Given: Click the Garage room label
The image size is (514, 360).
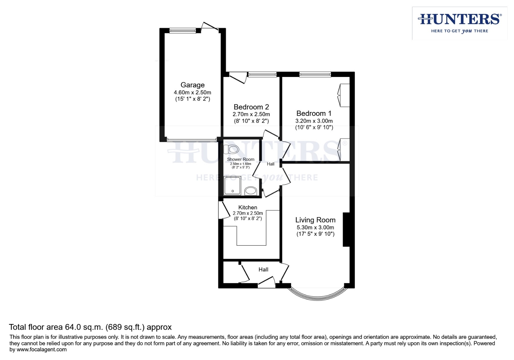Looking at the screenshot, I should coord(192,85).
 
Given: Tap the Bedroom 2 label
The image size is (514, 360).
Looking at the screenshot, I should coord(251,107).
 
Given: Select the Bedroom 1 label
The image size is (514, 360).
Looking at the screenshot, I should coord(314,113).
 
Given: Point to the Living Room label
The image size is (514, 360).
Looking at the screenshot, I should coord(315,220).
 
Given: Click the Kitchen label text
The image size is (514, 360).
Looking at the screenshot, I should coord(248,207).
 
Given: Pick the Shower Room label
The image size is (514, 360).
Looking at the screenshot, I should coord(240,159).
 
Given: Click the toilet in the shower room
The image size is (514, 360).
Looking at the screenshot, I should coord(233,149).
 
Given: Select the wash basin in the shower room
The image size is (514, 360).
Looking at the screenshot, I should coord(250,191).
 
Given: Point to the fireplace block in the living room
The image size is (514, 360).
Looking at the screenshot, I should coord(346,230).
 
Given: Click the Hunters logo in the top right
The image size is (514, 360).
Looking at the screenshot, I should coord(459,23).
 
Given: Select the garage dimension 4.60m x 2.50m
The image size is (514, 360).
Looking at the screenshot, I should coord(192,92).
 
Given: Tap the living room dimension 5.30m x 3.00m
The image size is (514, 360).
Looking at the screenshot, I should coord(315,227).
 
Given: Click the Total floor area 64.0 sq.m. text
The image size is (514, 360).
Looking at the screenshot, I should coord(90,327).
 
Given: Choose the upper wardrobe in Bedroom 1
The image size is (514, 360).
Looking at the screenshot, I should coord(344,95).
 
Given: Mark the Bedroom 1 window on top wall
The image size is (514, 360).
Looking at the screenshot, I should coord(315,74).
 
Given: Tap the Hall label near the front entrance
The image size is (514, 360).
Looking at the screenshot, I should coord(263,269).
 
